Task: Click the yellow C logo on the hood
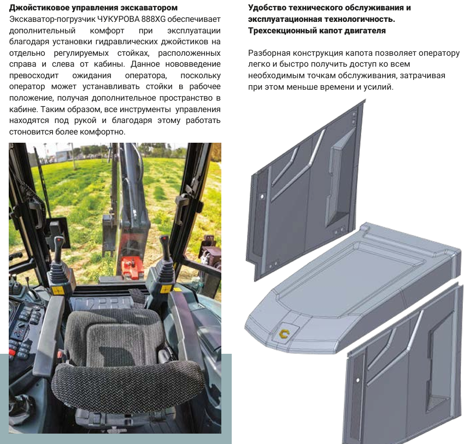[284, 334]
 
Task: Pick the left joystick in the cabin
[58, 258]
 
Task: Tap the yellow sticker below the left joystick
[57, 290]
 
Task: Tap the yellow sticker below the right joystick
[166, 289]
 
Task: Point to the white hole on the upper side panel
[262, 197]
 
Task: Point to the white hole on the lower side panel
[357, 380]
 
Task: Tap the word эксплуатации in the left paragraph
[194, 31]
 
